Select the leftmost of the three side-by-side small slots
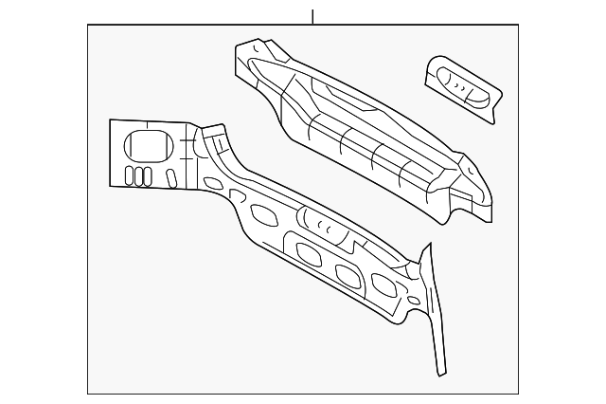coord(130,175)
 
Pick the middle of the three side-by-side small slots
coord(138,175)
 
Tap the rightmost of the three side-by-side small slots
coord(147,175)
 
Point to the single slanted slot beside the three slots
coord(171,177)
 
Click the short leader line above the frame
coord(312,16)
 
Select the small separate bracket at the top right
coord(462,88)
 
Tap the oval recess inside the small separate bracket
coord(463,86)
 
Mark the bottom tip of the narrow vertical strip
coord(441,374)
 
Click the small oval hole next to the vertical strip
coord(413,301)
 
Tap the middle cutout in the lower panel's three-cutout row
coord(348,275)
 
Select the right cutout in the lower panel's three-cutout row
coord(383,284)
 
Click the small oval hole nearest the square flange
coord(213,182)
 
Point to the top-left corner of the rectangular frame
coord(88,25)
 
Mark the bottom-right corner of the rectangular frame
coord(518,393)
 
